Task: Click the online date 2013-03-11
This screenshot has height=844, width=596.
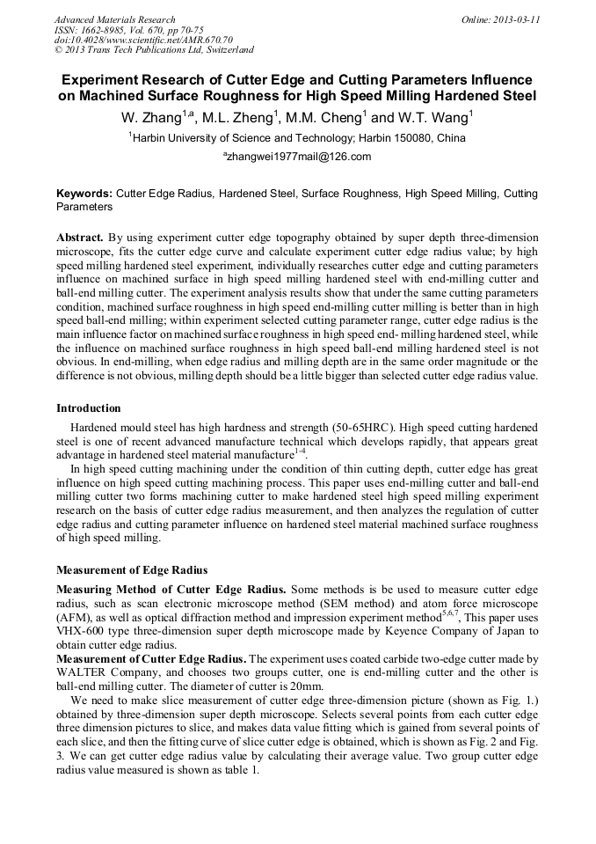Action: pos(517,19)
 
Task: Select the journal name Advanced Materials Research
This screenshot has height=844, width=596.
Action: pos(114,19)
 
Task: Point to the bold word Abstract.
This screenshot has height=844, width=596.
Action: pos(80,239)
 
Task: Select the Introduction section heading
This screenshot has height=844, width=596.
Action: pos(89,408)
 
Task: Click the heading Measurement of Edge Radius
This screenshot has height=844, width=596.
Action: pos(132,570)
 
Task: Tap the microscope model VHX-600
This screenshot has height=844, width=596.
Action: pos(80,631)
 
